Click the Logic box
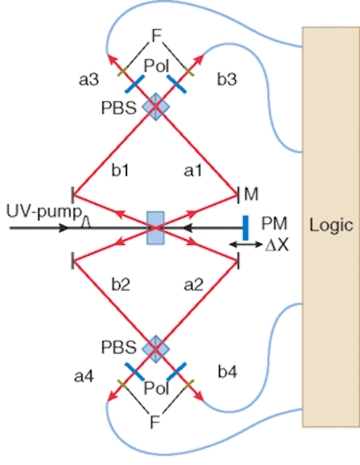pos(331,227)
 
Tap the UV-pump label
pos(44,212)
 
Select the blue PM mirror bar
pos(245,227)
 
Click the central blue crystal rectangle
pos(155,227)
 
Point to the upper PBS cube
pos(156,107)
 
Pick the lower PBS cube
pos(156,349)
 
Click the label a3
pos(89,79)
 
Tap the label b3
pos(227,79)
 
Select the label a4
pos(84,376)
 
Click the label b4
pos(228,371)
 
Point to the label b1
pos(120,170)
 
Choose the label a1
pos(192,171)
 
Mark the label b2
pos(120,284)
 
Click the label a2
pos(194,285)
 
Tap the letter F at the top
pos(156,36)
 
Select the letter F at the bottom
pos(155,421)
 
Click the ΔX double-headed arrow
pos(246,244)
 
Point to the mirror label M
pos(251,194)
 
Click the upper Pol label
pos(157,66)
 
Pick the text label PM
pos(274,224)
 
